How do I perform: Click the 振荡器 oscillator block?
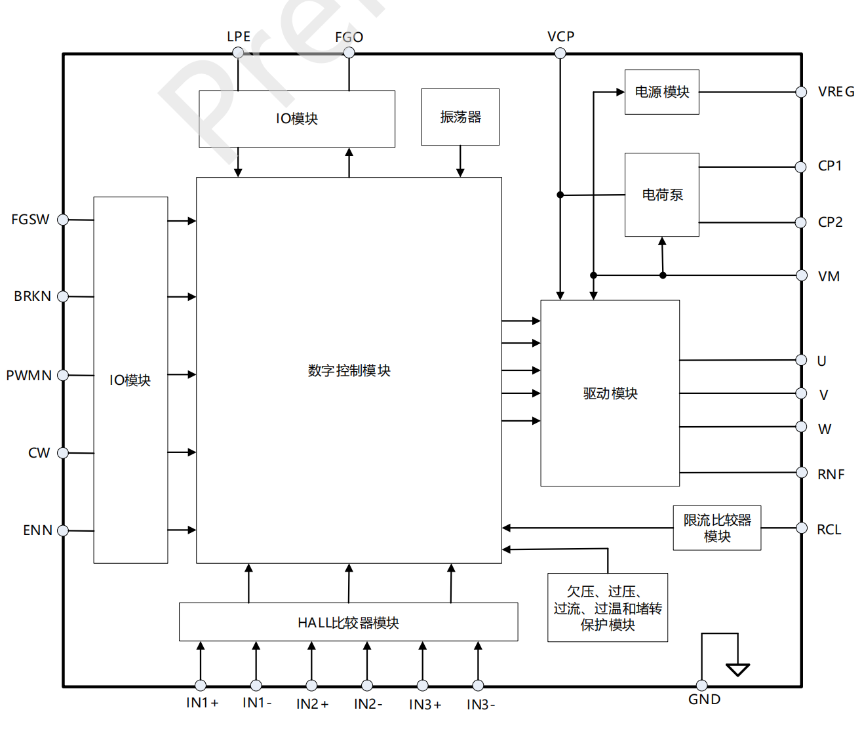tap(460, 117)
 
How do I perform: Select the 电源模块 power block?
tap(661, 92)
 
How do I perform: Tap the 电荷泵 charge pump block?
tap(661, 195)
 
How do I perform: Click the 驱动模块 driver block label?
tap(610, 393)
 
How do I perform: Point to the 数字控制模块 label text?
tap(349, 370)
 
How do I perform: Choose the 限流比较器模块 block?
tap(716, 528)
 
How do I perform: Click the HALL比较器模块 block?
tap(348, 622)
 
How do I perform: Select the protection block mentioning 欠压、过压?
tap(607, 608)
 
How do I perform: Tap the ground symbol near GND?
tap(737, 669)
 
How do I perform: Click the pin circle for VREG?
tap(801, 92)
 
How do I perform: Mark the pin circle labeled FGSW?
tap(63, 220)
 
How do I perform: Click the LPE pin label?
tap(239, 37)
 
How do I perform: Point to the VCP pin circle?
tap(560, 53)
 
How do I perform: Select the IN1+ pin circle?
tap(201, 685)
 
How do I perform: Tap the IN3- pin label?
tap(480, 705)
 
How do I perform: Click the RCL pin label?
tap(829, 530)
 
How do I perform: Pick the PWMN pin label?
tap(29, 376)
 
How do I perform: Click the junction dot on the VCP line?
tap(560, 195)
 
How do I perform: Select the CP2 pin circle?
tap(800, 223)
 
